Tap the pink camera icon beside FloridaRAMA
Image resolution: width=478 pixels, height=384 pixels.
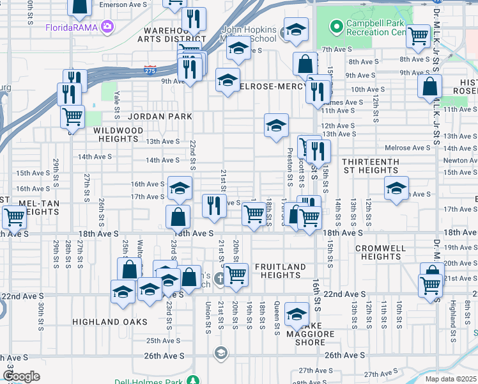(107, 27)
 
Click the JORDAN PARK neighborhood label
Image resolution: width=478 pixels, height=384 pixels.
(160, 116)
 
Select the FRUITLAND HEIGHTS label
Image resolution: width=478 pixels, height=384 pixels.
(280, 271)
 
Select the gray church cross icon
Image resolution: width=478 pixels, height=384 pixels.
(219, 278)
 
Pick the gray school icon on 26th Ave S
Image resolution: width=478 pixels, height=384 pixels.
(220, 353)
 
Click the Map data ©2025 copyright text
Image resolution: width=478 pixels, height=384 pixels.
(451, 379)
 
